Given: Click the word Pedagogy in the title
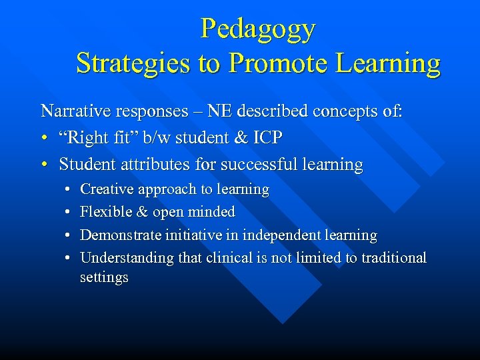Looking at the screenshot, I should pyautogui.click(x=258, y=29).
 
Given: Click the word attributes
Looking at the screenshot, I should pyautogui.click(x=152, y=164).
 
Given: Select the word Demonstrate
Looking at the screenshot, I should pyautogui.click(x=117, y=235).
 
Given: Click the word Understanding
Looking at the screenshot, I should pyautogui.click(x=125, y=257).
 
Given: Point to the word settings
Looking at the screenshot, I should pyautogui.click(x=104, y=277).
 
